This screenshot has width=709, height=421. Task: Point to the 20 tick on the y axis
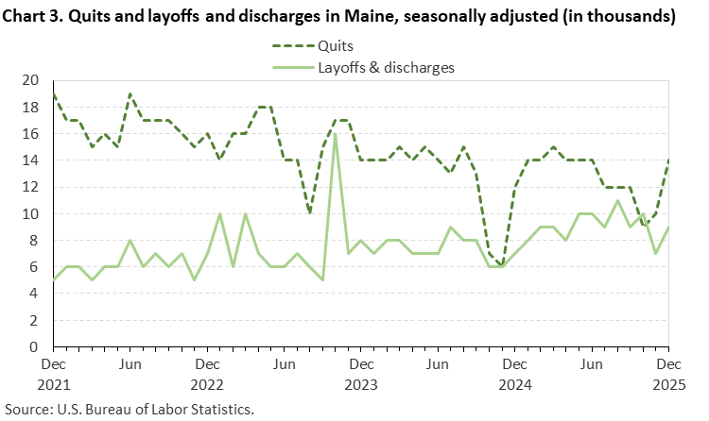click(30, 81)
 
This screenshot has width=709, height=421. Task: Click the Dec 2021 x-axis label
click(53, 374)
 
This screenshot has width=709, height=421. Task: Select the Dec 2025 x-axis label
click(668, 374)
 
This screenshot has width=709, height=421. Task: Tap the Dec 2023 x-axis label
click(360, 374)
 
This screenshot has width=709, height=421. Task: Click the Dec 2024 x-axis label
click(514, 374)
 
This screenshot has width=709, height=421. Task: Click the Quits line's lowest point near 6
click(502, 266)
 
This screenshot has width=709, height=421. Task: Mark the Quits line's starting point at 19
click(53, 94)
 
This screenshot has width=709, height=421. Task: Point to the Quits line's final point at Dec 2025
click(668, 161)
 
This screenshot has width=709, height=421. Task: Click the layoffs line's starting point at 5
click(53, 280)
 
